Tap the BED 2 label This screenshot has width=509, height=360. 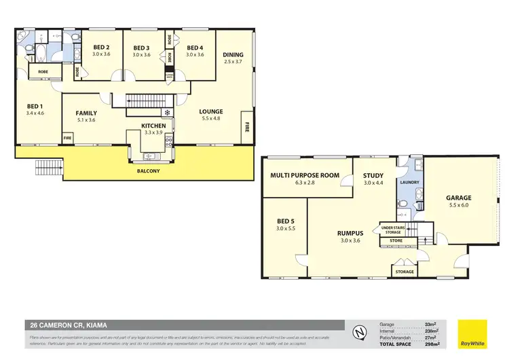coord(102,47)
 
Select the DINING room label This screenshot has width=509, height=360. coord(233,54)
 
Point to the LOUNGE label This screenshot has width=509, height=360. coord(211,111)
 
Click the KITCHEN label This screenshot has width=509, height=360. coord(154,126)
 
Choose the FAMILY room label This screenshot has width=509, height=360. coord(86,113)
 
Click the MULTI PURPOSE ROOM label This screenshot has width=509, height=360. coord(305,175)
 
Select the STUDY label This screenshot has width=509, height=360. coord(373,175)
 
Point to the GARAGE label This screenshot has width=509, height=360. coord(459,198)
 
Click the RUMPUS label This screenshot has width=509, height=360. coord(351,233)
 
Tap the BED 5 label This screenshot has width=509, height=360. coord(286,221)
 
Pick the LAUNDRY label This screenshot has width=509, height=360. coord(411,182)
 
